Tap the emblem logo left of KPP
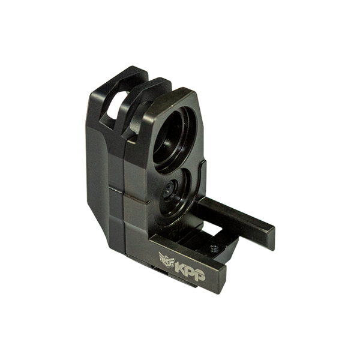[166, 260]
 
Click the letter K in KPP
[180, 268]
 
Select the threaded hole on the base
[216, 248]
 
